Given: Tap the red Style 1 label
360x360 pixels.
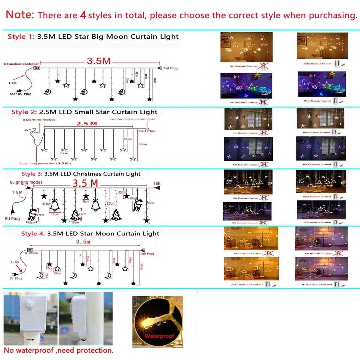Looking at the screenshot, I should point(20,37).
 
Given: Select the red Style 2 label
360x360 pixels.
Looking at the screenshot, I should point(24,112).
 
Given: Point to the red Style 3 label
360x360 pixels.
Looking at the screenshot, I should point(32,174).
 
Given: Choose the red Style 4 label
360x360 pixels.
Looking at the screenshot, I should point(33,233).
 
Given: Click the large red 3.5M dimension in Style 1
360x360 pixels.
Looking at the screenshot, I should point(99,61).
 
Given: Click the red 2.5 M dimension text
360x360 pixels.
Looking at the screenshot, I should point(87,123).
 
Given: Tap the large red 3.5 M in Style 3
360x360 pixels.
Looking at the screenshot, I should point(85,183).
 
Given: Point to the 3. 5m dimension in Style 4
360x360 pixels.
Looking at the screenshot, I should point(83,241).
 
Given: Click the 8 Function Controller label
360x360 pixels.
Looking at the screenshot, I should point(21,64).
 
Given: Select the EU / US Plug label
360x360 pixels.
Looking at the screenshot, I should point(20,94).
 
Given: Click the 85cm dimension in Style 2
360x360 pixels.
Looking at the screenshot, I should point(143,144).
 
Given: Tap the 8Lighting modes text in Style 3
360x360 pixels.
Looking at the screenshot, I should point(26,182).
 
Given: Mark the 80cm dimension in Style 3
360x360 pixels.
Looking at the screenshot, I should point(111,203).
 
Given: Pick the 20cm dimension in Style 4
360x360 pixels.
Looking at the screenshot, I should point(57,273).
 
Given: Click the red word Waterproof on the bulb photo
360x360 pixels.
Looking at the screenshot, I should point(159,336).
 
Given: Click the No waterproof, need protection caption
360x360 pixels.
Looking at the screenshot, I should point(58,350).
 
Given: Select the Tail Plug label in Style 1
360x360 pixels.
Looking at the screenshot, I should point(170,68).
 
